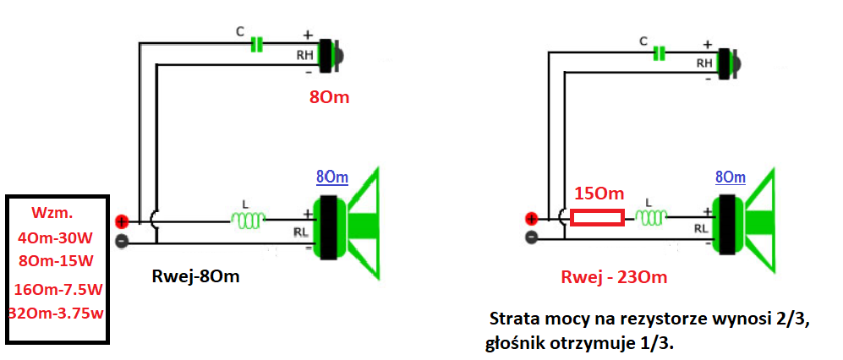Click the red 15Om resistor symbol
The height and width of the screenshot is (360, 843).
[x=597, y=218]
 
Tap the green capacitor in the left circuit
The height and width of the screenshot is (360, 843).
[x=257, y=45]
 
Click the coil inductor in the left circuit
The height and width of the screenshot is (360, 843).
[x=248, y=219]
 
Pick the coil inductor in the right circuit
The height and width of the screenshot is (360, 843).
[x=651, y=216]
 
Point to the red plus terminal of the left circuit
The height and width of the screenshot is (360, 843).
[x=122, y=221]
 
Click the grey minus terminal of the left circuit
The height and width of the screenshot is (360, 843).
[x=122, y=242]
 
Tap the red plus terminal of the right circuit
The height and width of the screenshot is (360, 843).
[x=531, y=219]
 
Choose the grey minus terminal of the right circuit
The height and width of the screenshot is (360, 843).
[x=531, y=236]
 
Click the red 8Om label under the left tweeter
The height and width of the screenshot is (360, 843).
[x=329, y=98]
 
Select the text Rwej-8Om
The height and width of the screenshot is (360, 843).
[x=195, y=277]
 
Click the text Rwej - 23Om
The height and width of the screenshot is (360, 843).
[x=614, y=277]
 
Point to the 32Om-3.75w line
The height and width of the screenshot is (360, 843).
[x=56, y=314]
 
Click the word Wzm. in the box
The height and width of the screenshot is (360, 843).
[x=52, y=213]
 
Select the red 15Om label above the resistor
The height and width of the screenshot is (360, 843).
[x=599, y=193]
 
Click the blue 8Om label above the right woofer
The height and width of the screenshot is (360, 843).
[x=730, y=177]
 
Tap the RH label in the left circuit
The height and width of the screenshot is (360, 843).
[x=305, y=54]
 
